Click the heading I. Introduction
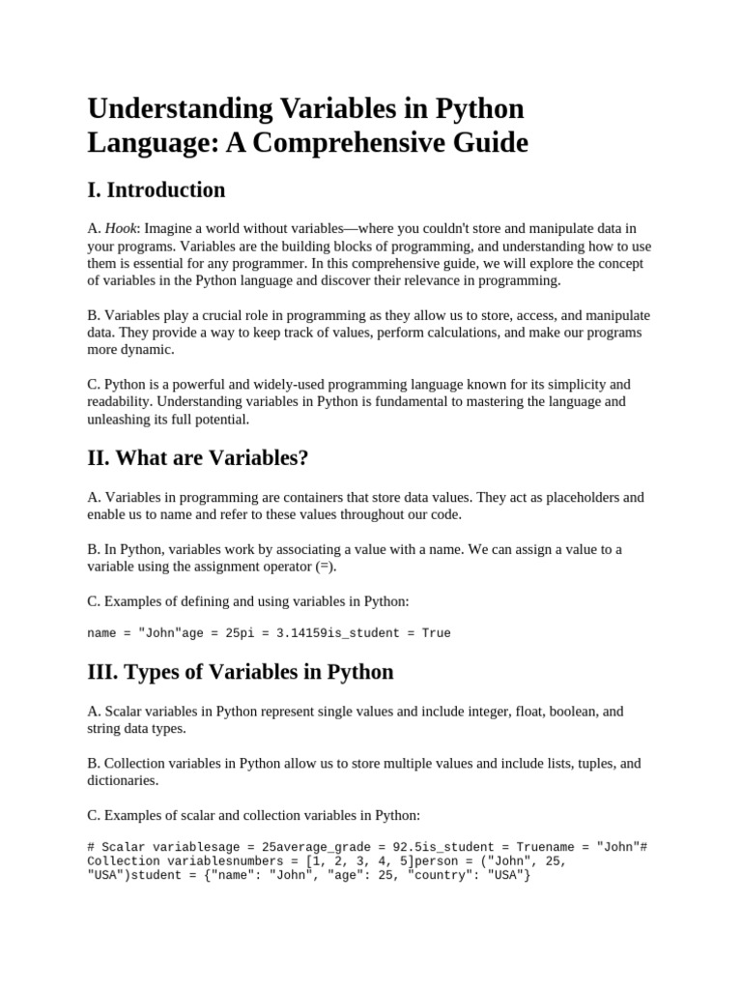point(156,189)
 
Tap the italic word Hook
point(121,228)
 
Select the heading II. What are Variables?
point(198,458)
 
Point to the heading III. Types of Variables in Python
point(240,672)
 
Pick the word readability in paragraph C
point(120,401)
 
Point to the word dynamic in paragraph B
point(149,350)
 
